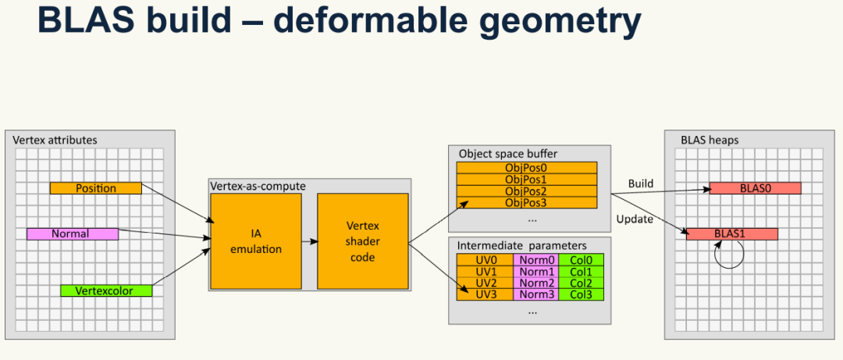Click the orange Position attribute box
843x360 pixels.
95,188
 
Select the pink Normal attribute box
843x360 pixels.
72,233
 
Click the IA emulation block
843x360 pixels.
257,242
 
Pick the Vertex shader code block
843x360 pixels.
362,242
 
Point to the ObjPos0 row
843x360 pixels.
527,168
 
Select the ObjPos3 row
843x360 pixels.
527,202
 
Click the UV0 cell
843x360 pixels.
485,260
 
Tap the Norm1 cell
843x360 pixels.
535,271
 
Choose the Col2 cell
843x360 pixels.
581,283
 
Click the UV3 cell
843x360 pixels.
485,294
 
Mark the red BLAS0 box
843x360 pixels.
755,188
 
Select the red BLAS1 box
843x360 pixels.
731,233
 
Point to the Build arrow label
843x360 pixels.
641,184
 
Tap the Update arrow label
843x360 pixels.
635,219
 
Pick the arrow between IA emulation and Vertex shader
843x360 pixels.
309,241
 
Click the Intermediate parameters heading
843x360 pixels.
522,245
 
